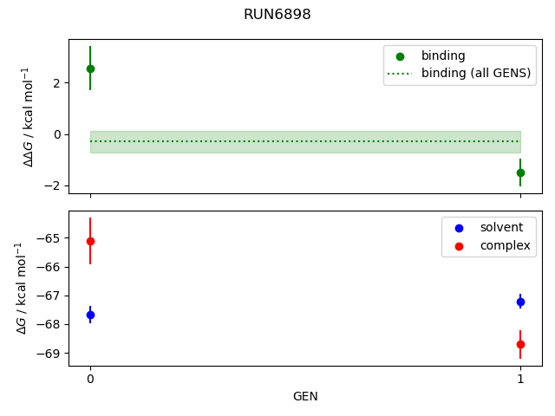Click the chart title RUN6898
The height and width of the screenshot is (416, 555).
(x=277, y=15)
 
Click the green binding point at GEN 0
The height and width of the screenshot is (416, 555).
(x=90, y=68)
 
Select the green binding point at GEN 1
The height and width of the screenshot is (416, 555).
(x=520, y=172)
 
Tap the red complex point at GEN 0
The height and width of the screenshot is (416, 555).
(x=90, y=241)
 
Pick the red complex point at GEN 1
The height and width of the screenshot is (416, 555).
(x=520, y=344)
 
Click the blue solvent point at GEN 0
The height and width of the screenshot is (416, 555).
(x=90, y=315)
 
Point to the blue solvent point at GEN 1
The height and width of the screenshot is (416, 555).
(x=520, y=302)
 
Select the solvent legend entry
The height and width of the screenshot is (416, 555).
(x=495, y=227)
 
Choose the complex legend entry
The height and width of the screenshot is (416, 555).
(x=499, y=246)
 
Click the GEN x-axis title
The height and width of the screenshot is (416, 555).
(x=305, y=397)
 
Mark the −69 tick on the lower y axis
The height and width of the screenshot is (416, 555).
(x=49, y=353)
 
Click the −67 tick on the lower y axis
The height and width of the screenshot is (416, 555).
(x=49, y=296)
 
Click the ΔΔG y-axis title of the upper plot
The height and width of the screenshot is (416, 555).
(x=29, y=116)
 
